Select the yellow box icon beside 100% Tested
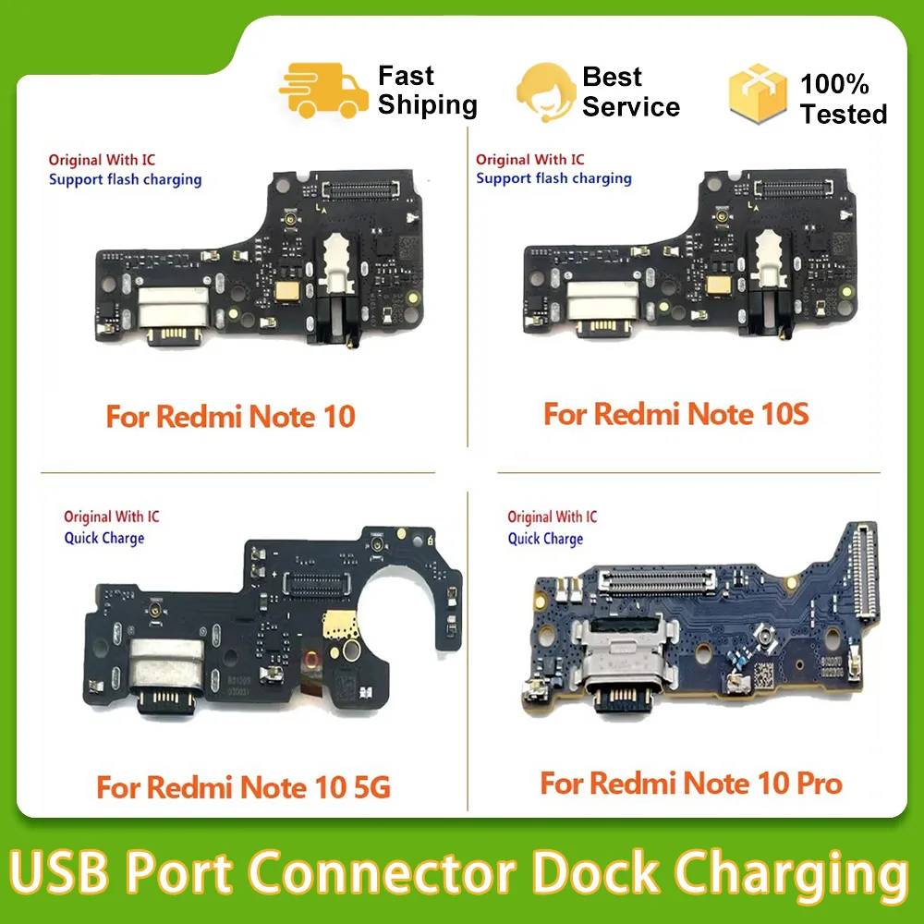pyautogui.click(x=758, y=94)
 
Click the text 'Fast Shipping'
pyautogui.click(x=427, y=91)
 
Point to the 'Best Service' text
pyautogui.click(x=631, y=91)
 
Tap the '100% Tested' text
pyautogui.click(x=843, y=99)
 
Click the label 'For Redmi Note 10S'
pyautogui.click(x=676, y=413)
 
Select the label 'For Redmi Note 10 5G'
pyautogui.click(x=243, y=788)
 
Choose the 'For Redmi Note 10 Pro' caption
pyautogui.click(x=691, y=784)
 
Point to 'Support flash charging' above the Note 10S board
pyautogui.click(x=553, y=178)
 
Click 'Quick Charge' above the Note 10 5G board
pyautogui.click(x=104, y=538)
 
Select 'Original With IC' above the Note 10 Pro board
pyautogui.click(x=553, y=517)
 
